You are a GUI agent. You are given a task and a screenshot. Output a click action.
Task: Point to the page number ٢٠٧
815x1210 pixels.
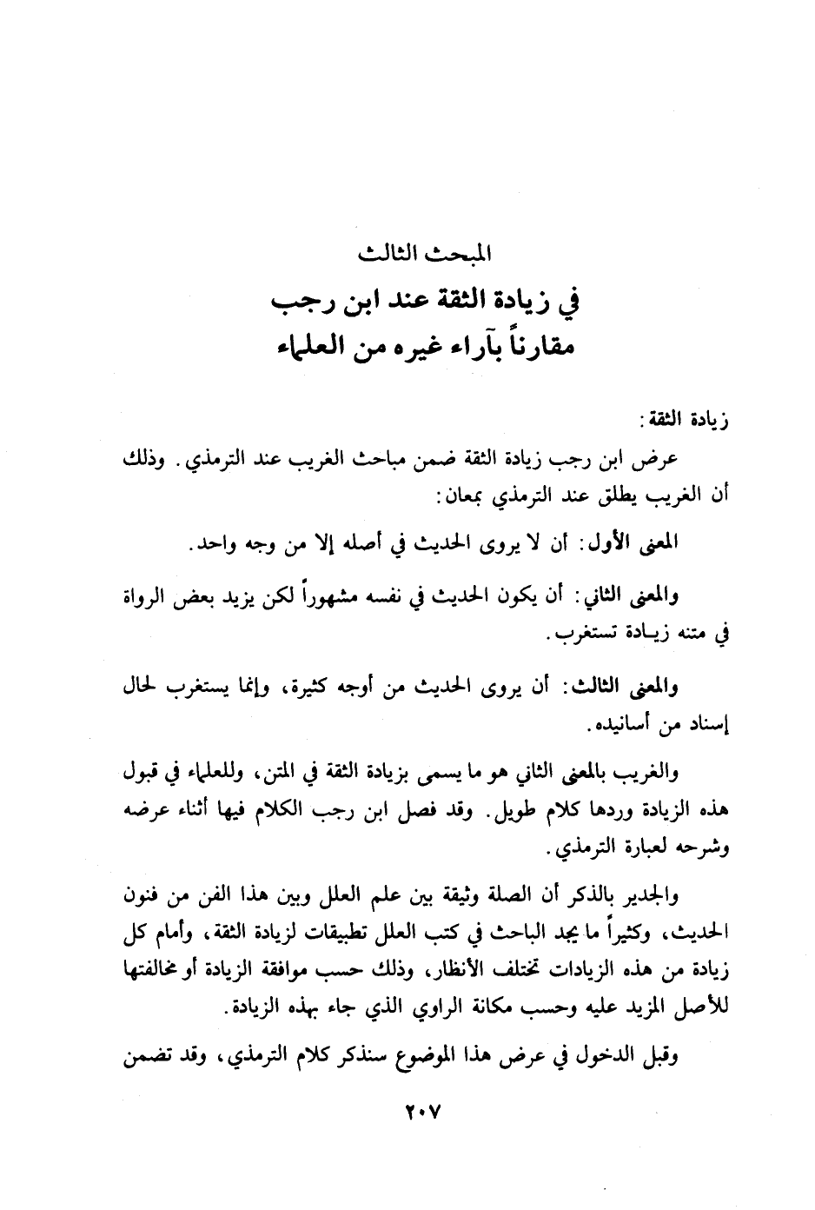coord(423,1111)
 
